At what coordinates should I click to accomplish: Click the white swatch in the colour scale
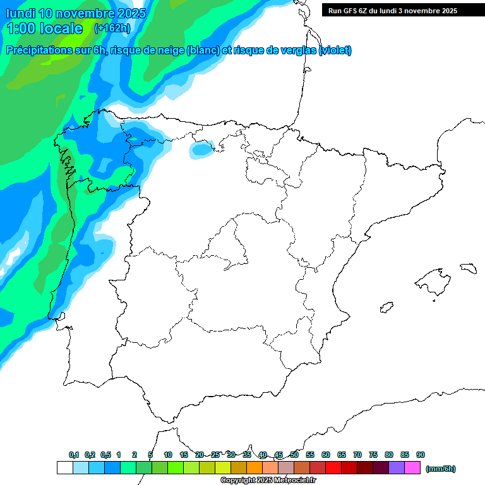[x=64, y=468]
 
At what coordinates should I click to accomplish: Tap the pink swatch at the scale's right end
[x=412, y=468]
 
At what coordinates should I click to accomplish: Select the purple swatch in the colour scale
[x=397, y=468]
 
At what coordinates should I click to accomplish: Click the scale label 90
[x=421, y=455]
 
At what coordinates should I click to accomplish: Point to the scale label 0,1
[x=74, y=455]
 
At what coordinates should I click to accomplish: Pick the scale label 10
[x=168, y=455]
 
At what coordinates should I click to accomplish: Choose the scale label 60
[x=326, y=455]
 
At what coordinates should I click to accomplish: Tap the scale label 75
[x=373, y=455]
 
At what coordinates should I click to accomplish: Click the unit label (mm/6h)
[x=441, y=469]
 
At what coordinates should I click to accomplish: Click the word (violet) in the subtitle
[x=335, y=51]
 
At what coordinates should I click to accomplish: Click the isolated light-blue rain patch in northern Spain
[x=202, y=149]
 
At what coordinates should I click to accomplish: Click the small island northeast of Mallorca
[x=468, y=268]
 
